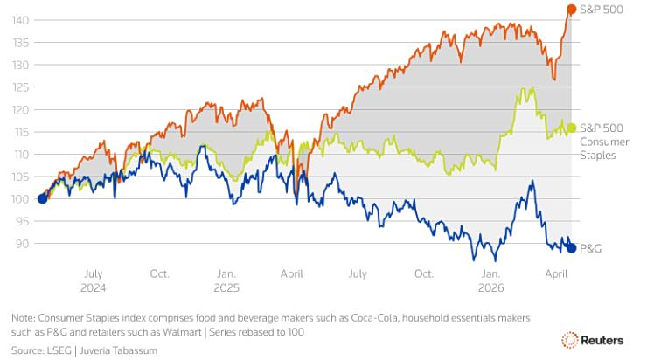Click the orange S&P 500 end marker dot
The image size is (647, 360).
(571, 10)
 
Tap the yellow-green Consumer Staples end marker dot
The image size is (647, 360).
(571, 128)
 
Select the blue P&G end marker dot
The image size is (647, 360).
(571, 248)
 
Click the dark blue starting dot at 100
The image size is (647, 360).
(42, 198)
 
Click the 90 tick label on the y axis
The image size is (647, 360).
(28, 244)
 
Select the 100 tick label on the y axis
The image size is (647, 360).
(25, 199)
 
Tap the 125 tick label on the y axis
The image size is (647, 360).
(25, 87)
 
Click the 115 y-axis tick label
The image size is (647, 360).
(25, 132)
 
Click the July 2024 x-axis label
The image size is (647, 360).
(94, 280)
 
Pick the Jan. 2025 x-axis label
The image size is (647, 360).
(226, 280)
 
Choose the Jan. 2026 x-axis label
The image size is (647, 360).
(490, 280)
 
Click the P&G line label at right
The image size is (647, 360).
(590, 248)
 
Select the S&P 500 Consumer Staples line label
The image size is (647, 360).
(598, 141)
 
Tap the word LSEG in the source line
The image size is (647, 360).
(63, 350)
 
